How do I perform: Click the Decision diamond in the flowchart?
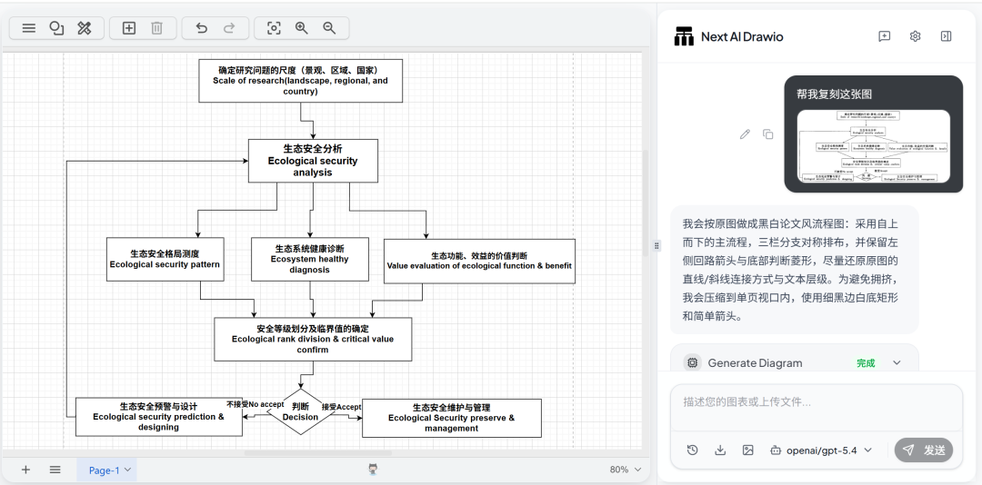300,412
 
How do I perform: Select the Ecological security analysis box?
312,161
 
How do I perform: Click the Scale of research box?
300,81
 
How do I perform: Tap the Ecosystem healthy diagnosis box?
309,259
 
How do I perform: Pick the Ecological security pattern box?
165,260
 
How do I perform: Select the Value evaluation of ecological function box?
479,262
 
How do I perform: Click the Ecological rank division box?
312,339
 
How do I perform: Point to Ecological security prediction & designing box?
158,417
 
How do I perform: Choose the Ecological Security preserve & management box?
451,418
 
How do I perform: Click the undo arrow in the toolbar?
201,28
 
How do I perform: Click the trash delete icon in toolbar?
156,28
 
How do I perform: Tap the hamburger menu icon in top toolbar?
29,28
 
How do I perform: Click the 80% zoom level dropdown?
625,470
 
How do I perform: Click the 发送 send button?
924,450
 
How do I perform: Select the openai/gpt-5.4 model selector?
821,450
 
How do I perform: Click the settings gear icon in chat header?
915,36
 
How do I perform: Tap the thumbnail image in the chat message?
873,146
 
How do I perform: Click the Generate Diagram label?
755,362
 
